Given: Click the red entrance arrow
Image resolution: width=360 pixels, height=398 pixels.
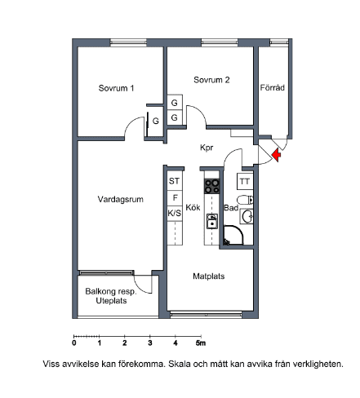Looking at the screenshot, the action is tap(277, 155).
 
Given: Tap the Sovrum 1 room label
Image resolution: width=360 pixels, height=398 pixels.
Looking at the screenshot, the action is tap(116, 88).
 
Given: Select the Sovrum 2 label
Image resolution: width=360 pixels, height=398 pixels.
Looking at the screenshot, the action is tap(211, 80).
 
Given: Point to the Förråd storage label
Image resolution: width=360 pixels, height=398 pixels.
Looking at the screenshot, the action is tap(272, 87).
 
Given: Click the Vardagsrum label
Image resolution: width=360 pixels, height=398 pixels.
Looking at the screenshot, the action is tap(120, 199).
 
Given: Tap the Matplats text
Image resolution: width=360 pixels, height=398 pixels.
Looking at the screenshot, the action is tap(209, 276).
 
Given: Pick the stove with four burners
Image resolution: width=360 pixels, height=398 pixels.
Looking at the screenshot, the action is tap(212, 186).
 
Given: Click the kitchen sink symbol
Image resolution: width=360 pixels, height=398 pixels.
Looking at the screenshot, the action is tap(212, 221).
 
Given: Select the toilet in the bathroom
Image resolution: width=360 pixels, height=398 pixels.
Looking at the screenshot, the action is tap(245, 201).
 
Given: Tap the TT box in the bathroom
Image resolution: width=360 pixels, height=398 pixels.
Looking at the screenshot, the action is tap(245, 181).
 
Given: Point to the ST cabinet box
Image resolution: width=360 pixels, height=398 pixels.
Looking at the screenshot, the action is tap(175, 181).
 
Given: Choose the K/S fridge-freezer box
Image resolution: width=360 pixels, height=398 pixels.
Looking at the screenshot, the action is tap(175, 213).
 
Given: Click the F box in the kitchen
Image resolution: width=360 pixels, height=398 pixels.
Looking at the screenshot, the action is tap(175, 198).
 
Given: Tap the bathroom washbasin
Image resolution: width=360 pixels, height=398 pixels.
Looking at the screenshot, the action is tap(247, 217).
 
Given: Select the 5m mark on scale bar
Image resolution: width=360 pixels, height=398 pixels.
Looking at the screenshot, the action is tap(201, 343).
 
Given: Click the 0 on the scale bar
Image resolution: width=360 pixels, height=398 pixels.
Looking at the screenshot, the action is tap(74, 343).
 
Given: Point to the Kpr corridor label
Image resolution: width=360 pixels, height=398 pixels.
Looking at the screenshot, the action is tap(207, 148).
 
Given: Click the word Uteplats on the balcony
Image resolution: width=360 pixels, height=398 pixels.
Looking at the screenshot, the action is tap(111, 301).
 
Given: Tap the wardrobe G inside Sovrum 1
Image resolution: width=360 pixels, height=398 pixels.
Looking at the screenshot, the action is tap(156, 121).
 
